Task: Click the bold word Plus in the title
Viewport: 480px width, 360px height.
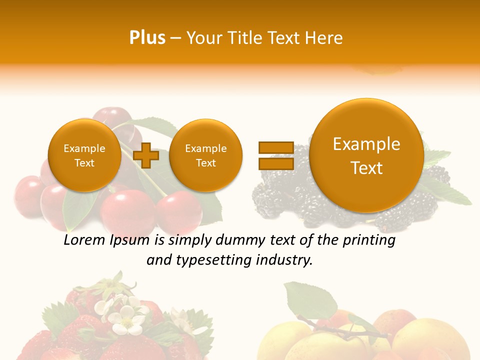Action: [147, 38]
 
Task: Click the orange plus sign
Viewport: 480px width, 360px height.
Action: [146, 155]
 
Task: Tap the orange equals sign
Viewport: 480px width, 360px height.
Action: [275, 155]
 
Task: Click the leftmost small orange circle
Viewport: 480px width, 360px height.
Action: [84, 155]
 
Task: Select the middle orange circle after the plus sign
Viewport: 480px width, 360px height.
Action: [205, 155]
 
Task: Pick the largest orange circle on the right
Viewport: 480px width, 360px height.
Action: [366, 155]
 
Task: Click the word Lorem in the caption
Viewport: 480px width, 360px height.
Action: [84, 240]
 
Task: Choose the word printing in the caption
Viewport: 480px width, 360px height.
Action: [369, 240]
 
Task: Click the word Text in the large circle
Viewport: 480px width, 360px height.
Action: [366, 168]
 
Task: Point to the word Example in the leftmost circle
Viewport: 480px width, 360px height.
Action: [84, 148]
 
